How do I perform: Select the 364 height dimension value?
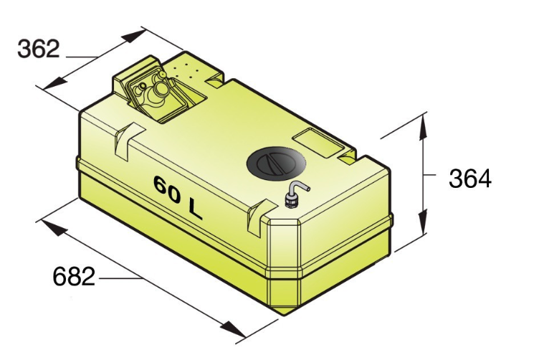coord(470,179)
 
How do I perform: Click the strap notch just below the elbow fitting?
coord(259,215)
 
